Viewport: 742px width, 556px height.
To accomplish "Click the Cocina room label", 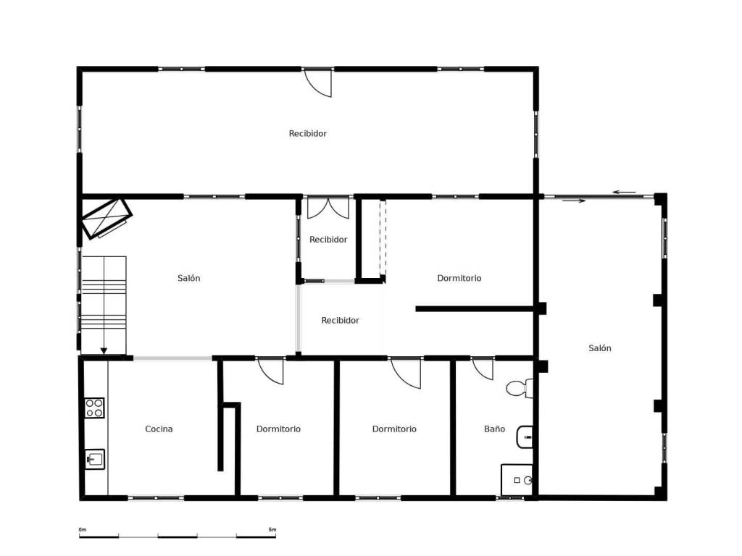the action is coord(159,429).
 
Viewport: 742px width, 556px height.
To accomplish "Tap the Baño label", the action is coord(494,429).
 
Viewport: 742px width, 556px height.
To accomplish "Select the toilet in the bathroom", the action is coord(520,388).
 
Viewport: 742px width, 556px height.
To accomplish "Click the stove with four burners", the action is coord(95,408).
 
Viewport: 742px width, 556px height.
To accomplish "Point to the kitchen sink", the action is coord(95,458).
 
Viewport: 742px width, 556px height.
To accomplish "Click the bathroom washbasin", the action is coord(525,437).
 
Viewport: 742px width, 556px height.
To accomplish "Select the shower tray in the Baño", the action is coord(517,480).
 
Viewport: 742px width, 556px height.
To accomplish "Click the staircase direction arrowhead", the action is coord(104,351).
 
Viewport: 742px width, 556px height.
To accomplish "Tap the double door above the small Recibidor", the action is coord(328,208).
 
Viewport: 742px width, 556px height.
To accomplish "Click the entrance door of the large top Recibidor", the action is coord(317,83).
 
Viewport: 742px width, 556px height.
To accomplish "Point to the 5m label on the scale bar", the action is coord(272,529).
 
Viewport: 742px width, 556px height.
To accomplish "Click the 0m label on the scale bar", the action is coord(83,529).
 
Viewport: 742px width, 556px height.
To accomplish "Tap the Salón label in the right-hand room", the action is coord(599,348).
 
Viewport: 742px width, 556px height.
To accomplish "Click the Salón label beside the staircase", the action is coord(189,278).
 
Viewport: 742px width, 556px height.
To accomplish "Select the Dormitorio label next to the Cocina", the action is coord(278,429).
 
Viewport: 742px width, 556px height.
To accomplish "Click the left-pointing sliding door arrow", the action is coord(624,192).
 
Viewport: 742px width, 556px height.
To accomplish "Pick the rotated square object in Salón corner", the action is coord(107,219).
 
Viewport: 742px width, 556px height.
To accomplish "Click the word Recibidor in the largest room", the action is coord(307,133).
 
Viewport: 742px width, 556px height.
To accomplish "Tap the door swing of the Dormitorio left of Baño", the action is coord(406,373).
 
